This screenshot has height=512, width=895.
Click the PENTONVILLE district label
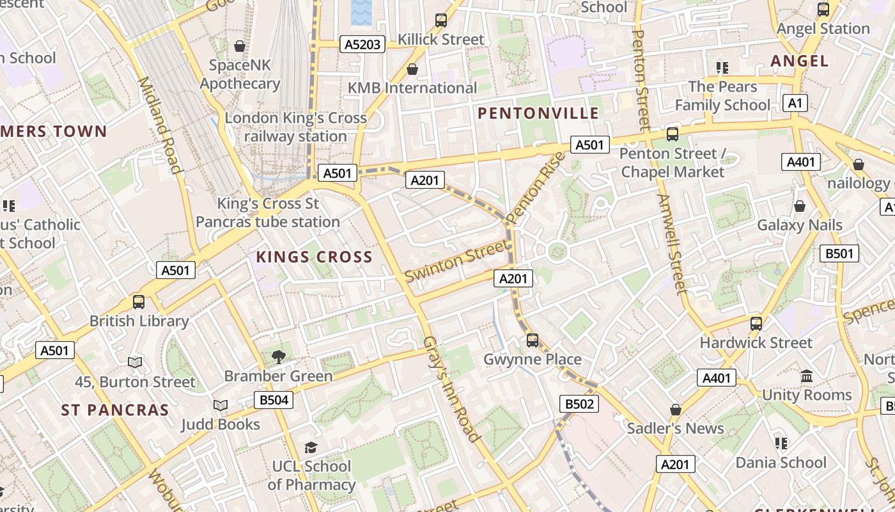(538, 114)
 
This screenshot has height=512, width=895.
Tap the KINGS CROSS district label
(314, 257)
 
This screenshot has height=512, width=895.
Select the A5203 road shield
(362, 44)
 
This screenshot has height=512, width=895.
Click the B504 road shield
(274, 401)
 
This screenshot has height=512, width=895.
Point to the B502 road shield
(579, 404)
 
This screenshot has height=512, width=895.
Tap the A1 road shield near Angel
(795, 103)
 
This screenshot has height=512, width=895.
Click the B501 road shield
(839, 253)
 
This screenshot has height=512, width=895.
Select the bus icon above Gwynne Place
(532, 340)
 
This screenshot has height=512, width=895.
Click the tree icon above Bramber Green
(278, 356)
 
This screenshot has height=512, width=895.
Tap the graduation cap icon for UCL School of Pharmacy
(311, 447)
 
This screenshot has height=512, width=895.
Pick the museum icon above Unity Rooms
(807, 376)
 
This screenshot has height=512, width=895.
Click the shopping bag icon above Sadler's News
(675, 409)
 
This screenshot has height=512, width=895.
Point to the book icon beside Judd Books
(220, 405)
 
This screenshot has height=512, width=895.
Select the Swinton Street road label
(455, 261)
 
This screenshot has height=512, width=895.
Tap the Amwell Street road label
(671, 243)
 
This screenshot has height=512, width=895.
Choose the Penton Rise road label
(536, 188)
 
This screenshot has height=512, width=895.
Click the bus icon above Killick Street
(441, 20)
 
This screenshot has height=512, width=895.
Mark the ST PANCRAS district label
(115, 410)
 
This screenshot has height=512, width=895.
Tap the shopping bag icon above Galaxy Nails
(799, 206)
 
